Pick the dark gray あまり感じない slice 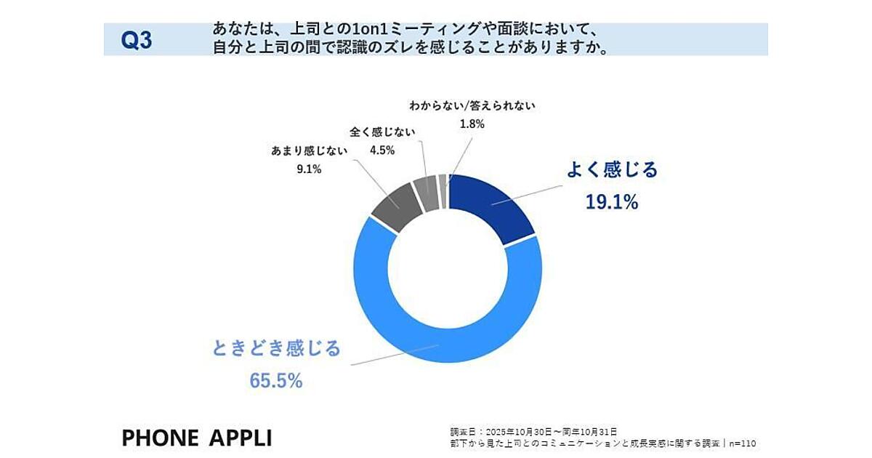point(397,208)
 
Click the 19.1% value point(611,202)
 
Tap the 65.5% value point(276,380)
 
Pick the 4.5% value point(381,150)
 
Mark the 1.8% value point(472,124)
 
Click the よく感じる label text point(612,170)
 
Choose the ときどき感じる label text point(276,349)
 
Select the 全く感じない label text point(381,132)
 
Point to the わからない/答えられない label point(472,105)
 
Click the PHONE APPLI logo point(197,438)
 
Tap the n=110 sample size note point(746,442)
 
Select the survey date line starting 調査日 point(534,431)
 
